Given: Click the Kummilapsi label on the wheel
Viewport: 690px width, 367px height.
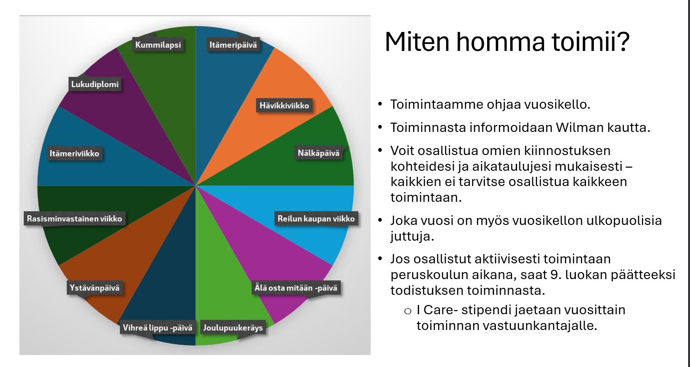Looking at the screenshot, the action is [x=158, y=45].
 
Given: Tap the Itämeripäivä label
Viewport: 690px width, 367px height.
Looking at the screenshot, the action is [x=233, y=45].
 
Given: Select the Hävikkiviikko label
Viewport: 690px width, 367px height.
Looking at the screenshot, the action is [x=284, y=106].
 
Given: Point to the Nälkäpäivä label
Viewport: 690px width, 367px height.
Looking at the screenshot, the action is [x=318, y=153].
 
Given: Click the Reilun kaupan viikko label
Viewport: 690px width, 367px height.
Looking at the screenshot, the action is [x=316, y=218].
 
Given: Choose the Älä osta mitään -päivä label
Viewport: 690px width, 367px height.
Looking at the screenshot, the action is [x=296, y=288].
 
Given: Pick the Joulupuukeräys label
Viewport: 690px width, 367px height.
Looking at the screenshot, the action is [x=233, y=328].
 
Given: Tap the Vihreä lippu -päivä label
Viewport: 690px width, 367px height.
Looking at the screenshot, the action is [x=158, y=328].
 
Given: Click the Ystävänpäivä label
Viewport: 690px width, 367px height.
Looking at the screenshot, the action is [x=95, y=288].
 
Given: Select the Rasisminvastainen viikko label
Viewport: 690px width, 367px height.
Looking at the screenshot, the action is [x=74, y=218].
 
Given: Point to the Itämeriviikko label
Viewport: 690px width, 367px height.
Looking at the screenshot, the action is [x=74, y=153].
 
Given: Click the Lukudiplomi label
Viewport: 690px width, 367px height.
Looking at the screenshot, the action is [x=95, y=84].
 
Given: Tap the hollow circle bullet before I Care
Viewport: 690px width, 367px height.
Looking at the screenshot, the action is [x=408, y=311].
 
